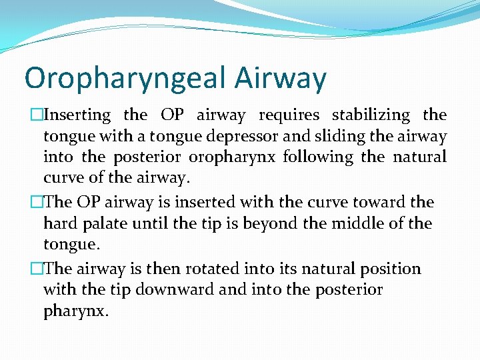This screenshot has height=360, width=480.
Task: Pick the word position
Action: click(391, 269)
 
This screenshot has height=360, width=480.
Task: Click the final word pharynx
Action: click(75, 311)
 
